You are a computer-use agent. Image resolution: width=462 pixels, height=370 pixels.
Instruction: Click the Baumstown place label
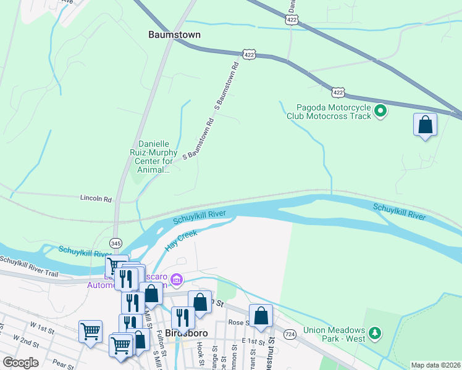point(174,35)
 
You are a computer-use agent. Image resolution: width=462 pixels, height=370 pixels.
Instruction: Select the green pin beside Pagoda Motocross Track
point(381,111)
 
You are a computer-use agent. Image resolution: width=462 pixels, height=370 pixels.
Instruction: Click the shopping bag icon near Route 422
point(425,125)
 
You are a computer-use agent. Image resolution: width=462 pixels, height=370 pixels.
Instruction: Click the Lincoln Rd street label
point(96,199)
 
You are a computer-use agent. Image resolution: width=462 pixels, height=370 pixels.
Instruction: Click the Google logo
point(20,363)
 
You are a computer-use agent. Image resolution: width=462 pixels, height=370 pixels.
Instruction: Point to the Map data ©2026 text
point(435,365)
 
